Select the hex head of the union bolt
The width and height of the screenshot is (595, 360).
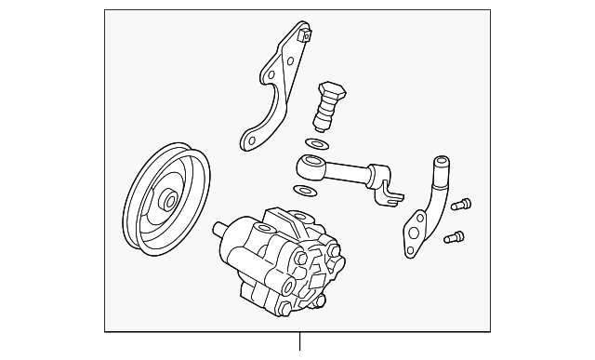coord(334,91)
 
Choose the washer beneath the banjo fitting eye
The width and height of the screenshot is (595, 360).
coord(303,192)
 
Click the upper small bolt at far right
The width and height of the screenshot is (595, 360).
coord(462,204)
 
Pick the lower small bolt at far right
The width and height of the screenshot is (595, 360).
coord(454,237)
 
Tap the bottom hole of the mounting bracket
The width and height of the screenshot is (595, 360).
coord(248,140)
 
